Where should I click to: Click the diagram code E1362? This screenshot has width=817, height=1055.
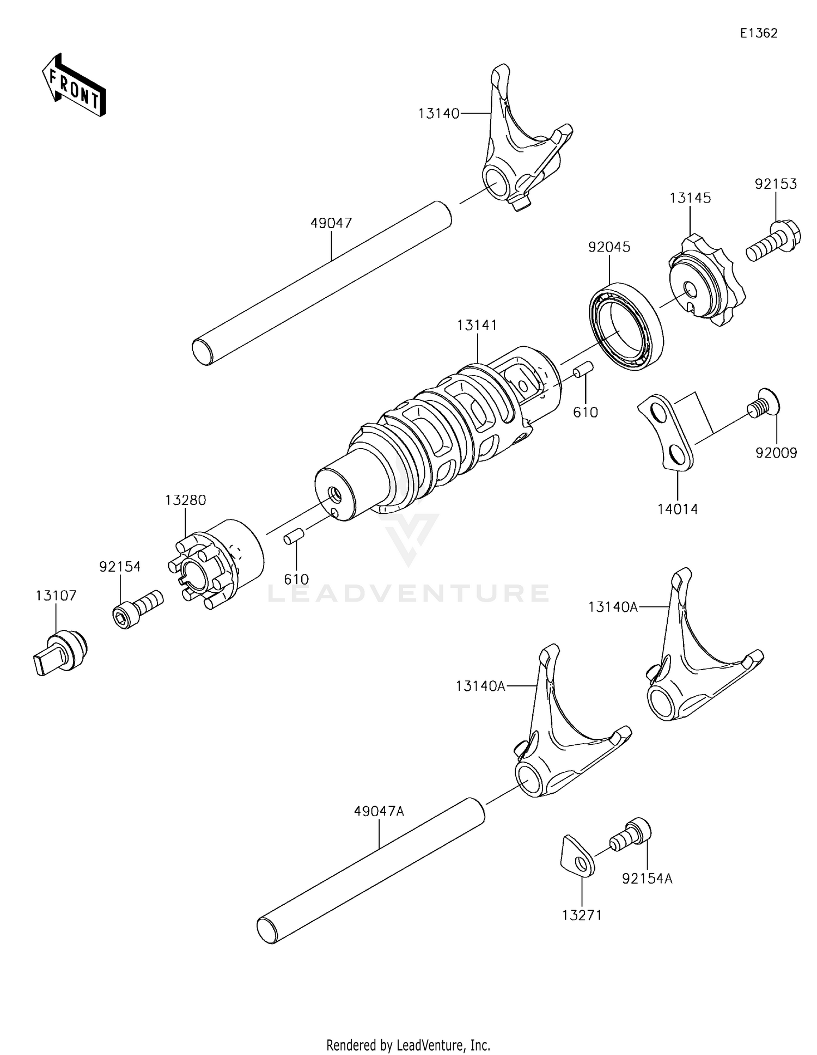tap(758, 33)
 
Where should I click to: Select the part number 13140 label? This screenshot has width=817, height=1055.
tap(438, 114)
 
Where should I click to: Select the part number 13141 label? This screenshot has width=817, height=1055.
tap(477, 326)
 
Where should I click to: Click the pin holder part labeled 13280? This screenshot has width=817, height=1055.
tap(218, 563)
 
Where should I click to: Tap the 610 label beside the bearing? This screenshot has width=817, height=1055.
tap(585, 413)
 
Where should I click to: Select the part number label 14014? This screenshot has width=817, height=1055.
tap(677, 510)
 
